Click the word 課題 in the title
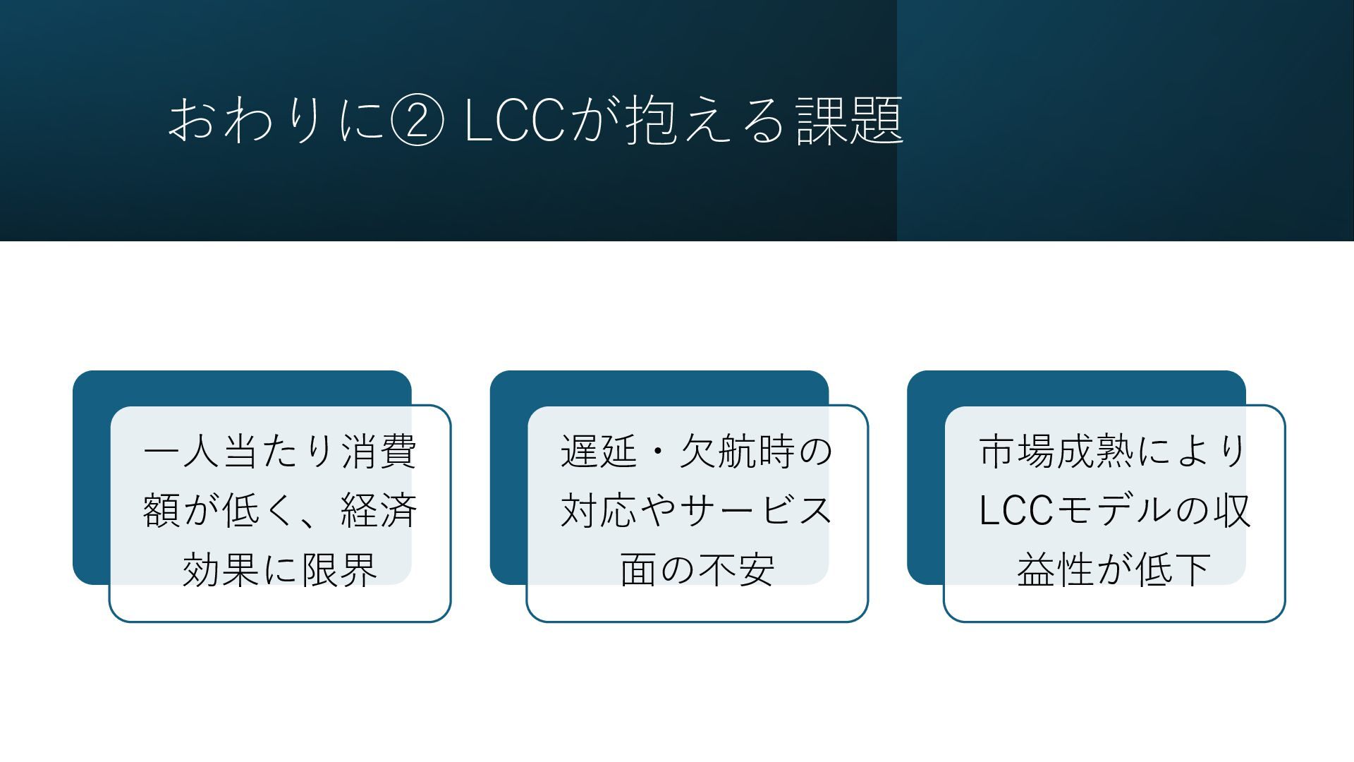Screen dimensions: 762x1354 (x=850, y=121)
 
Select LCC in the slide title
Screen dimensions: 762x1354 (x=515, y=121)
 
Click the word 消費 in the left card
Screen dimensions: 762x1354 (x=379, y=452)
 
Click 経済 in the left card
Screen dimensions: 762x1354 (x=379, y=510)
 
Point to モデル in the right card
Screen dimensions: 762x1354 (x=1112, y=510)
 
